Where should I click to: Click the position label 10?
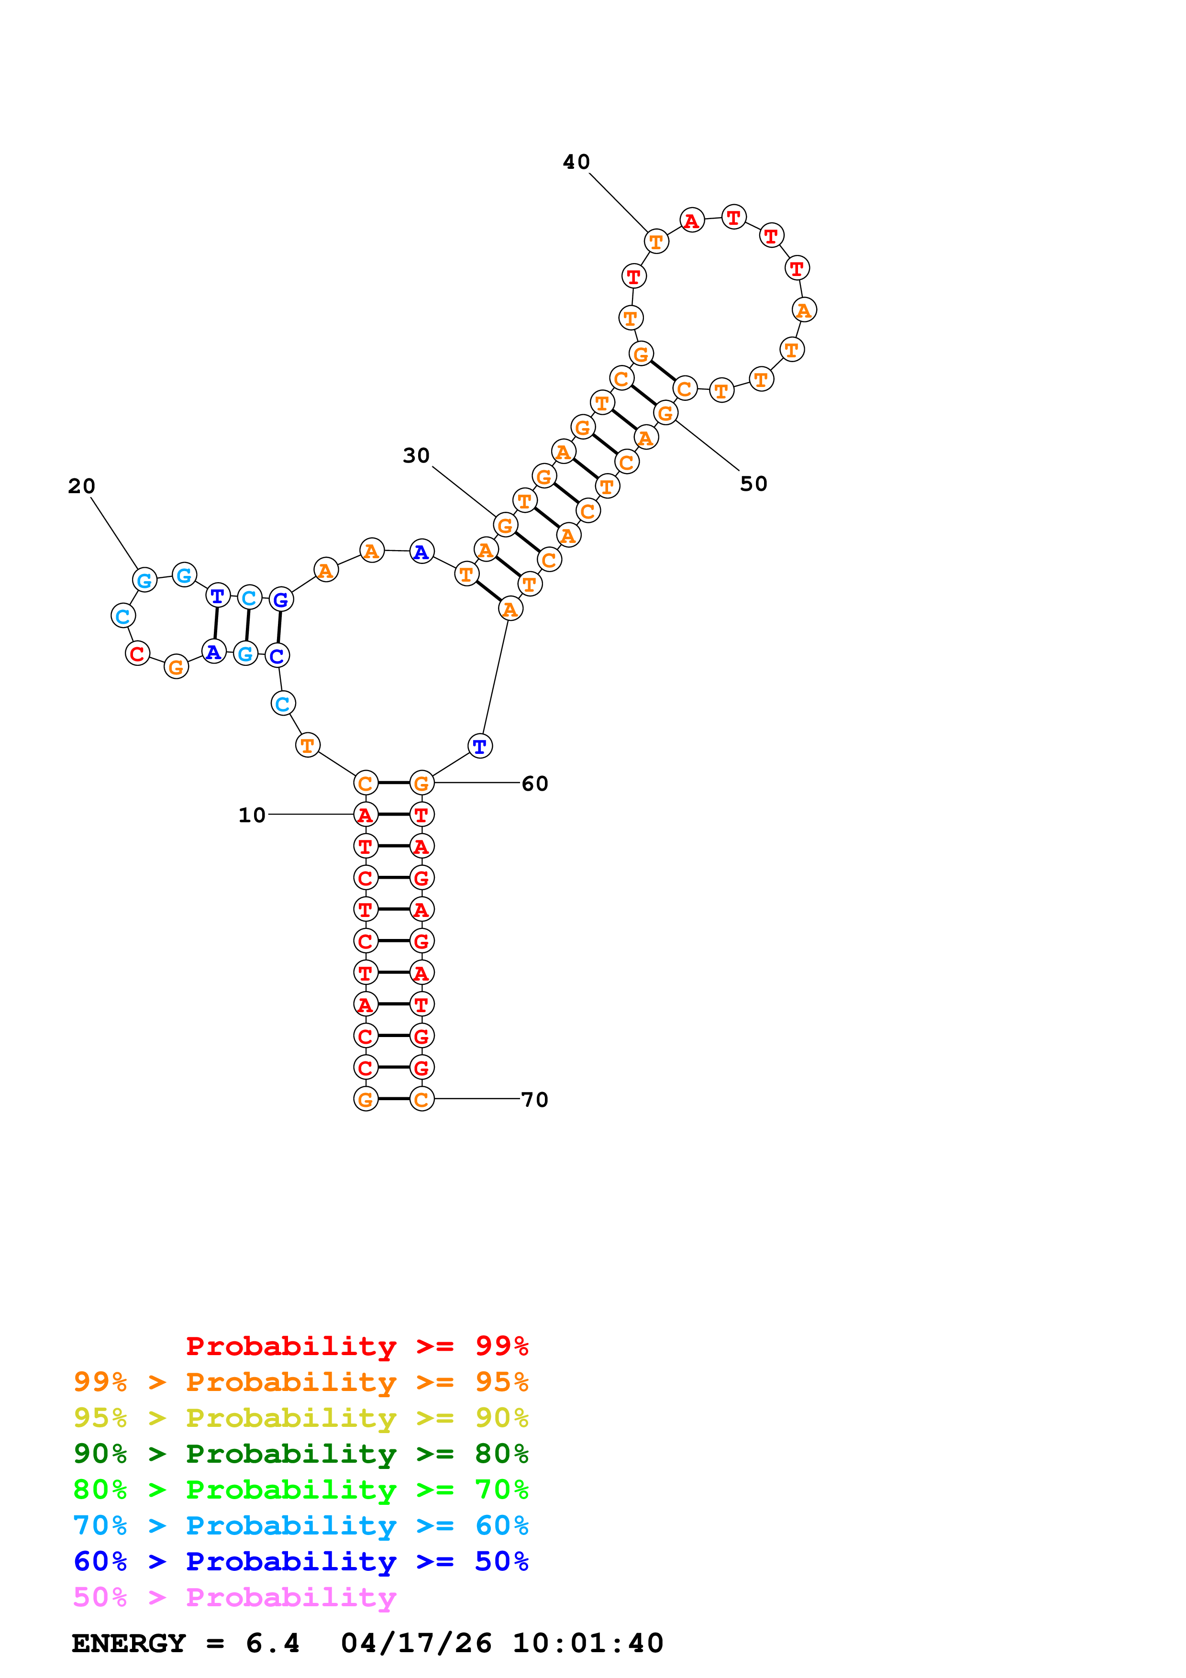coord(252,815)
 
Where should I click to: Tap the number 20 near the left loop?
coord(82,486)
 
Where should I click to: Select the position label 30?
coord(416,455)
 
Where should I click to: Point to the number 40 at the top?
coord(576,162)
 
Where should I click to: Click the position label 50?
coord(754,484)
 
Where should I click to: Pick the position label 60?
coord(535,784)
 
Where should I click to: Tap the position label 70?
coord(535,1100)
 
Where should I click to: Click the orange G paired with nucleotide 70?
coord(366,1099)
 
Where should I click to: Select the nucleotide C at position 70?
coord(421,1099)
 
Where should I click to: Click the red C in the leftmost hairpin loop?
coord(137,653)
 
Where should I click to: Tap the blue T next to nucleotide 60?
coord(479,746)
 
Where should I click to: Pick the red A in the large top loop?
coord(691,220)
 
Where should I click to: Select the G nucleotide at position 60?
coord(421,784)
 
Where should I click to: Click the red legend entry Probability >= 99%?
coord(356,1346)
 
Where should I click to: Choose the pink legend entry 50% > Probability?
coord(234,1598)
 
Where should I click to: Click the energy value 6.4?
coord(273,1644)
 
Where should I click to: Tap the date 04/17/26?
coord(416,1644)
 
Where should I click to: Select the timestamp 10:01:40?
coord(587,1644)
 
